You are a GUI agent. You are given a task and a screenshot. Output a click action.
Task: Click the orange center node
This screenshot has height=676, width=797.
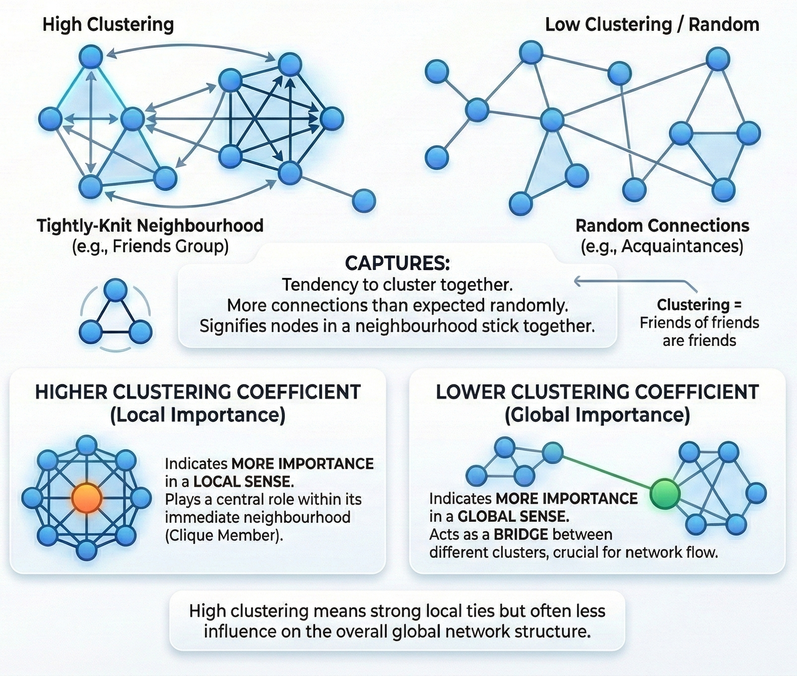point(87,498)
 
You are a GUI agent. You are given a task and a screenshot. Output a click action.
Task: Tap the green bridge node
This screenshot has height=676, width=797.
point(664,494)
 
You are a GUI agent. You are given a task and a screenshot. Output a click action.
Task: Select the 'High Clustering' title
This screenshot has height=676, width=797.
point(108,24)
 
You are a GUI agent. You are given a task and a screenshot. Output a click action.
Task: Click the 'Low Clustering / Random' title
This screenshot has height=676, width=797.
point(652,24)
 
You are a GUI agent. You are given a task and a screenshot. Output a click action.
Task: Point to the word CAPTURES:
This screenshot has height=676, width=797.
point(398,263)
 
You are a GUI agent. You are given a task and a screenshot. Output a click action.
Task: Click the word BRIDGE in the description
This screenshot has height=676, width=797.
point(521,535)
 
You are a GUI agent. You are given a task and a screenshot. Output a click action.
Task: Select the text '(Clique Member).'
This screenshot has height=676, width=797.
point(224,535)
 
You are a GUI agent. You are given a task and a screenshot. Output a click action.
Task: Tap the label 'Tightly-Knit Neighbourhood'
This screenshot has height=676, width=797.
point(150,226)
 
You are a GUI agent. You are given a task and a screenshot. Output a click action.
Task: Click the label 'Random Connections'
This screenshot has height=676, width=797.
point(662,226)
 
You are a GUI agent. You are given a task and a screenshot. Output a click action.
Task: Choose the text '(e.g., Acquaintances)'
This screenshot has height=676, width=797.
point(662,246)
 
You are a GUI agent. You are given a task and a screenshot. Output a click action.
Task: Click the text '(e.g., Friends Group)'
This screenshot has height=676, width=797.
point(150,246)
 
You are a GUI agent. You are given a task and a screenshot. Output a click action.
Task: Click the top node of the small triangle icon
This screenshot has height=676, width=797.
point(116,290)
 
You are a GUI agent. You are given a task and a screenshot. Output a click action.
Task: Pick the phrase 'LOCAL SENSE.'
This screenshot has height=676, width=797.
point(243,481)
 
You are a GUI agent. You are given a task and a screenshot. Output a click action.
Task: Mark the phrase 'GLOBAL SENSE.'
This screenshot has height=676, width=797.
point(513,517)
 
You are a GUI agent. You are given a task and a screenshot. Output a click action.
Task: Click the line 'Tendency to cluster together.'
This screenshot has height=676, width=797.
point(398,285)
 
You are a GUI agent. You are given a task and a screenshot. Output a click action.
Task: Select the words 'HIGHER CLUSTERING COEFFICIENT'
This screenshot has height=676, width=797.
point(198,392)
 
